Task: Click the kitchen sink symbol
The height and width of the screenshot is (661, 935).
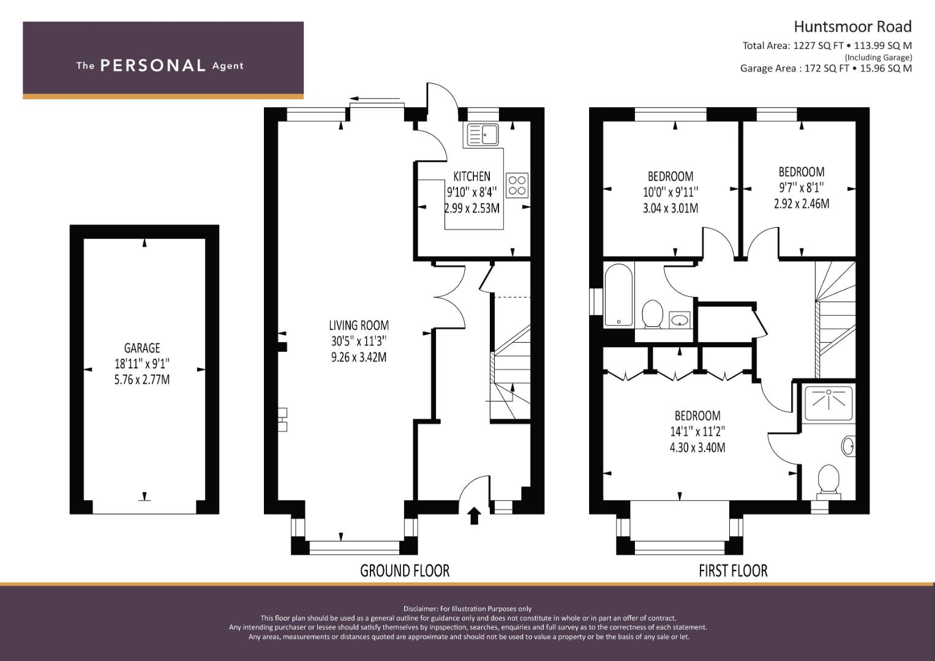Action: click(x=482, y=135)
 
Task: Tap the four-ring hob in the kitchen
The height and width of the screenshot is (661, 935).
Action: click(x=517, y=185)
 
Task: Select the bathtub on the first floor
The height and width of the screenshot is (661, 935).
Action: click(x=618, y=294)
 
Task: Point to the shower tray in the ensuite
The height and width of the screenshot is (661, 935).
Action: click(x=828, y=403)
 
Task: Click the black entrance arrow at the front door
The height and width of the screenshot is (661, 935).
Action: click(x=474, y=515)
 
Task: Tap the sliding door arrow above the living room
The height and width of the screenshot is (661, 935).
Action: click(x=374, y=99)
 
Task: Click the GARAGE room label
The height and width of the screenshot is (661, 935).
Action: click(x=142, y=348)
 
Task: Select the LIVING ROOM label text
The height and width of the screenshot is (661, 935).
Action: click(x=359, y=326)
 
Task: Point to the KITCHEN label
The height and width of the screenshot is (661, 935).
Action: click(x=471, y=176)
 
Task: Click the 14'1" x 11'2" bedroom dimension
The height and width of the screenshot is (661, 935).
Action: click(x=697, y=431)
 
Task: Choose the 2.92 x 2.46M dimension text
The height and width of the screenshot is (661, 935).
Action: click(x=802, y=204)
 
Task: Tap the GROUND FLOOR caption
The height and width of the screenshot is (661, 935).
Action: click(x=405, y=571)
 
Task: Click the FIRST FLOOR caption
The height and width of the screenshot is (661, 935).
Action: click(x=734, y=571)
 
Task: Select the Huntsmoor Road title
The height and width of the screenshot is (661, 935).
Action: click(x=853, y=27)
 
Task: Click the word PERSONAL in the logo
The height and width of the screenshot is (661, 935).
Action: click(x=153, y=65)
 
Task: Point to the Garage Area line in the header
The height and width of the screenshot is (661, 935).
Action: click(x=826, y=69)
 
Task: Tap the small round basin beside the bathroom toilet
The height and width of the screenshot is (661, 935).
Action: click(x=680, y=320)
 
